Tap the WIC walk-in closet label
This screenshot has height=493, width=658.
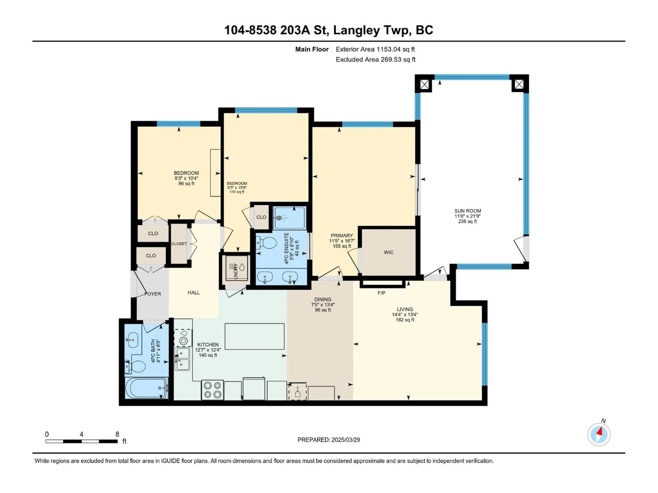click(388, 252)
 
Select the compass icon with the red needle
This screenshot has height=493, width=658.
click(599, 434)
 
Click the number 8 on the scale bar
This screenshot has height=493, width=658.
click(117, 434)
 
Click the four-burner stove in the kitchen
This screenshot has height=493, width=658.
click(212, 390)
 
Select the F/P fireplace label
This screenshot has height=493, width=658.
click(381, 293)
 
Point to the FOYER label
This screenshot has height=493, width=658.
click(153, 294)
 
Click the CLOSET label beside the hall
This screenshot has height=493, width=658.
click(179, 244)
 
